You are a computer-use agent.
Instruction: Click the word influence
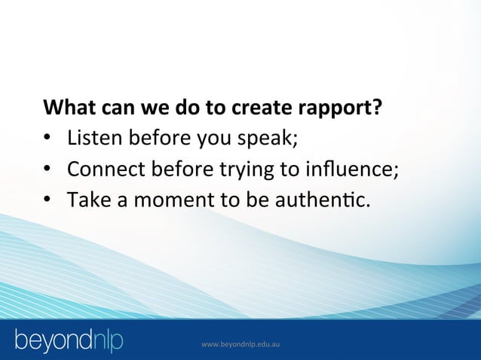(354, 169)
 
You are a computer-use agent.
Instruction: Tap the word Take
(86, 200)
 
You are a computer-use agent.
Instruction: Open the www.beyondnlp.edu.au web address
(241, 344)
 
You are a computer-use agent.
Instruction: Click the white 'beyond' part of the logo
(47, 340)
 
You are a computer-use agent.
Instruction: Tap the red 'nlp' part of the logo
(101, 340)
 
